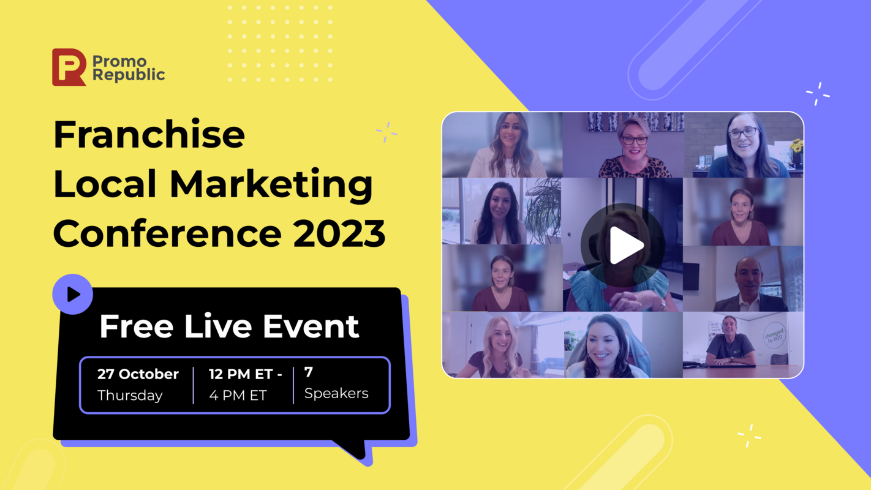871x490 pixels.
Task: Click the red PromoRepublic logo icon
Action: point(69,67)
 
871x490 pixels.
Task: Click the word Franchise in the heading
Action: point(149,135)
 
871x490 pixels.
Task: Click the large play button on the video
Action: point(623,245)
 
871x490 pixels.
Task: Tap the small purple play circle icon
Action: point(73,295)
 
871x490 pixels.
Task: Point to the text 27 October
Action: point(138,374)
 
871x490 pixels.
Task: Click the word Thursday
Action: point(130,396)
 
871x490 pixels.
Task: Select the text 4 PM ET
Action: point(238,396)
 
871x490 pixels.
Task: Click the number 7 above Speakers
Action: point(309,372)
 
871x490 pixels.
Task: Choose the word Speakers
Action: point(336,393)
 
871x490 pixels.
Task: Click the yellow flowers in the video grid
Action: point(796,147)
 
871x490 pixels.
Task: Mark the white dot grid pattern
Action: point(280,43)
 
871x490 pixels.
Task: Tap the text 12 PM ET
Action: point(245,374)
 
